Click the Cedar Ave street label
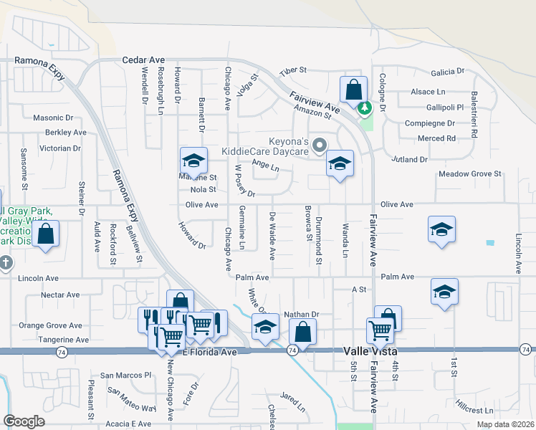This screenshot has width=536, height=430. [x=143, y=61]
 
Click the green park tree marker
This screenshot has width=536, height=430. [x=365, y=108]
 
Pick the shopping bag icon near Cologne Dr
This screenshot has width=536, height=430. [x=353, y=90]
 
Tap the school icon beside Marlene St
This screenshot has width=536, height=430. [x=193, y=161]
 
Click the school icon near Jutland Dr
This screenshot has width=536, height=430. [x=340, y=163]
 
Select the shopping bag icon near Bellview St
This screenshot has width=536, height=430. [x=45, y=234]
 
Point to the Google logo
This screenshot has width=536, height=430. [x=24, y=421]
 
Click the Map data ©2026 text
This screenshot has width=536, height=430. [x=505, y=424]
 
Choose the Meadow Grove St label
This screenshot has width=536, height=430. [x=469, y=174]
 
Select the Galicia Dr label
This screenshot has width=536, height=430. [x=448, y=72]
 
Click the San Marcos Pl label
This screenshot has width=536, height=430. [x=126, y=375]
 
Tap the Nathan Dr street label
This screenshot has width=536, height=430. [x=300, y=314]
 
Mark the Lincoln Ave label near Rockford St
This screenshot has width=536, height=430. [x=40, y=277]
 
